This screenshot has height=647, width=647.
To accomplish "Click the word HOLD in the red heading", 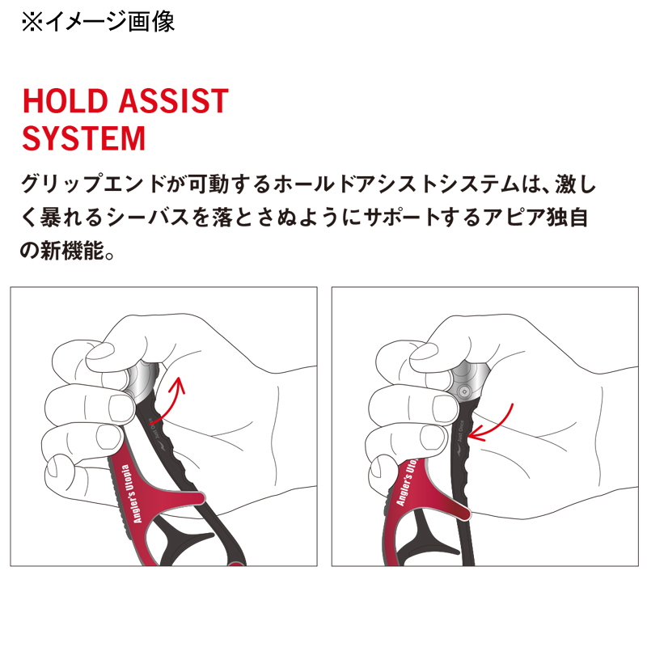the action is click(x=66, y=100).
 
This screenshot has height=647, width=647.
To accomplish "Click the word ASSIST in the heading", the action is click(x=174, y=100).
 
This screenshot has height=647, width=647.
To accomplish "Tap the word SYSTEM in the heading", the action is click(x=84, y=138).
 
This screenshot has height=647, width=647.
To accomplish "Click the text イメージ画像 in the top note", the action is click(x=110, y=22).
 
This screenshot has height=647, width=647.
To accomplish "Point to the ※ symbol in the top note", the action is click(x=32, y=22).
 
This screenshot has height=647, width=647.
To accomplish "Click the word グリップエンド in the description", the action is click(x=93, y=184).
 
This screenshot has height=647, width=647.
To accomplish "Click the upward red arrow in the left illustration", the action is click(x=167, y=400).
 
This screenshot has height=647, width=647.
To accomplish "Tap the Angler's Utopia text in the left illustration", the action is click(x=131, y=494).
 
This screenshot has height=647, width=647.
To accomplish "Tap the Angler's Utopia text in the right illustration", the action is click(x=407, y=481).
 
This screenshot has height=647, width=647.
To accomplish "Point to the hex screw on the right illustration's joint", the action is click(x=464, y=391).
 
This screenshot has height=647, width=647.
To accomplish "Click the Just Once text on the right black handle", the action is click(x=459, y=432).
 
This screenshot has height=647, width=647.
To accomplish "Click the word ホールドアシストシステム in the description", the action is click(x=395, y=184).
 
